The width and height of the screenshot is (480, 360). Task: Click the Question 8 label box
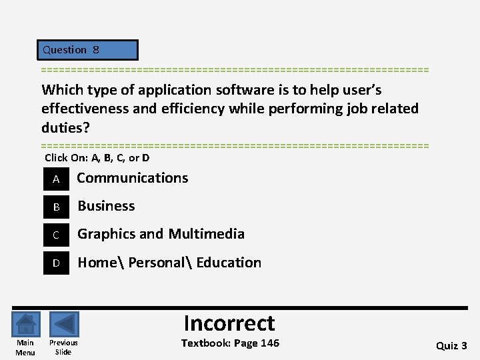pyautogui.click(x=88, y=50)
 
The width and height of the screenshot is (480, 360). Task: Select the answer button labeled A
pyautogui.click(x=57, y=179)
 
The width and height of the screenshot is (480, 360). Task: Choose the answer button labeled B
pyautogui.click(x=57, y=207)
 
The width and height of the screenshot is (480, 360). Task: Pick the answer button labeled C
pyautogui.click(x=57, y=235)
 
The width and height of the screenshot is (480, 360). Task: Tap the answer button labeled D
pyautogui.click(x=57, y=263)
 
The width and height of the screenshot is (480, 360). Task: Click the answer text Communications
pyautogui.click(x=133, y=178)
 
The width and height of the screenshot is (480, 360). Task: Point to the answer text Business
pyautogui.click(x=106, y=206)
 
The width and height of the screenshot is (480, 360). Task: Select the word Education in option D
pyautogui.click(x=229, y=263)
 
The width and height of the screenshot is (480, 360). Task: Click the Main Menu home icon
pyautogui.click(x=25, y=325)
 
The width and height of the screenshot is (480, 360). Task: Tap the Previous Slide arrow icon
pyautogui.click(x=64, y=325)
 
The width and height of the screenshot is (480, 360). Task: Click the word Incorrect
pyautogui.click(x=229, y=323)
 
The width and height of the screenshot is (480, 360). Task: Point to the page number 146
pyautogui.click(x=269, y=343)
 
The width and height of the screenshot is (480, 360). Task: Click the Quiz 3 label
pyautogui.click(x=451, y=345)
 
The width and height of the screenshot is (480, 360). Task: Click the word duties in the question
pyautogui.click(x=63, y=127)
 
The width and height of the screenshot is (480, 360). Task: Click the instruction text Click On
pyautogui.click(x=65, y=158)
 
